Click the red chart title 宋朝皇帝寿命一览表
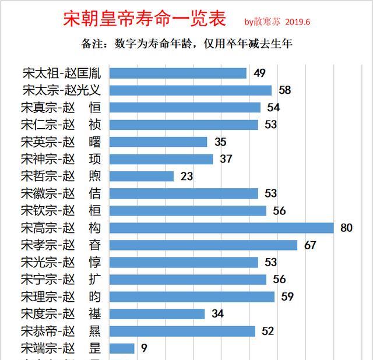tap(144, 19)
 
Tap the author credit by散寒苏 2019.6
tap(277, 22)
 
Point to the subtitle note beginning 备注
tap(186, 44)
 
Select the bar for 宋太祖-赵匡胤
tap(178, 73)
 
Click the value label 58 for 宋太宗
tap(284, 90)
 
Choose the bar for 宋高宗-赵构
tap(221, 228)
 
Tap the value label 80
tap(346, 228)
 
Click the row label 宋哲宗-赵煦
tap(61, 176)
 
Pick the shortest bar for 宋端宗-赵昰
tap(122, 348)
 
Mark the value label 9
tap(144, 348)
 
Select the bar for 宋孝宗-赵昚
tap(203, 245)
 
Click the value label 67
tap(309, 245)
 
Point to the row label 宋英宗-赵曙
tap(61, 142)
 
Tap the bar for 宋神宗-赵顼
tap(161, 159)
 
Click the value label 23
tap(186, 176)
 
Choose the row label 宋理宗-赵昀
tap(61, 297)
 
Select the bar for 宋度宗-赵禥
tap(157, 314)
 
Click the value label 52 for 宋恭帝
tap(268, 331)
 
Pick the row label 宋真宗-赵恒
tap(61, 108)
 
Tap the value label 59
tap(287, 297)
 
